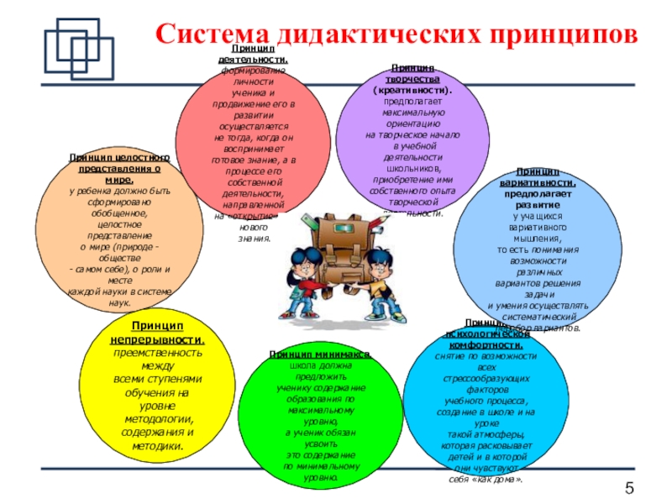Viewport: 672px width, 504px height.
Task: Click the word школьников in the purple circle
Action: pos(412,167)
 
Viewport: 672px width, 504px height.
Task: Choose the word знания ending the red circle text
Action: pos(255,238)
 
